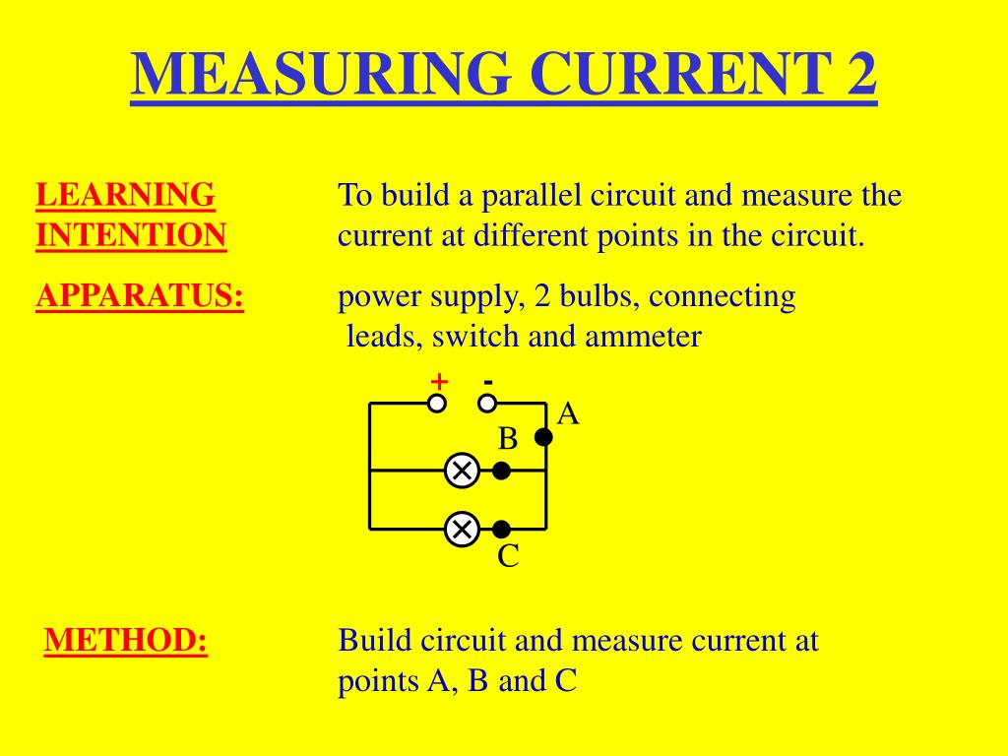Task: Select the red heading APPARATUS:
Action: [x=140, y=296]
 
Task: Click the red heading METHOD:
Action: [x=126, y=641]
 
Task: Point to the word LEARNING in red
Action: [x=125, y=195]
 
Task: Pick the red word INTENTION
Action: [x=131, y=236]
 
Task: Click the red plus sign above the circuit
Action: [x=438, y=381]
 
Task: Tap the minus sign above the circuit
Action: [x=488, y=380]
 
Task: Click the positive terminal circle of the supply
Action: [x=437, y=403]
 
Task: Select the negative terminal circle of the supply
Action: [x=487, y=403]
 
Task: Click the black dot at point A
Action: [x=543, y=438]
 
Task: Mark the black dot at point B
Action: [x=501, y=471]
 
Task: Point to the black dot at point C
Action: [x=501, y=530]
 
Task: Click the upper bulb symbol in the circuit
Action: [x=461, y=471]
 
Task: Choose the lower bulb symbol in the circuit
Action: [x=461, y=530]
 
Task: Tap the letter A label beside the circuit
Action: [x=568, y=414]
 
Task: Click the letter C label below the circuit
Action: [x=508, y=557]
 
